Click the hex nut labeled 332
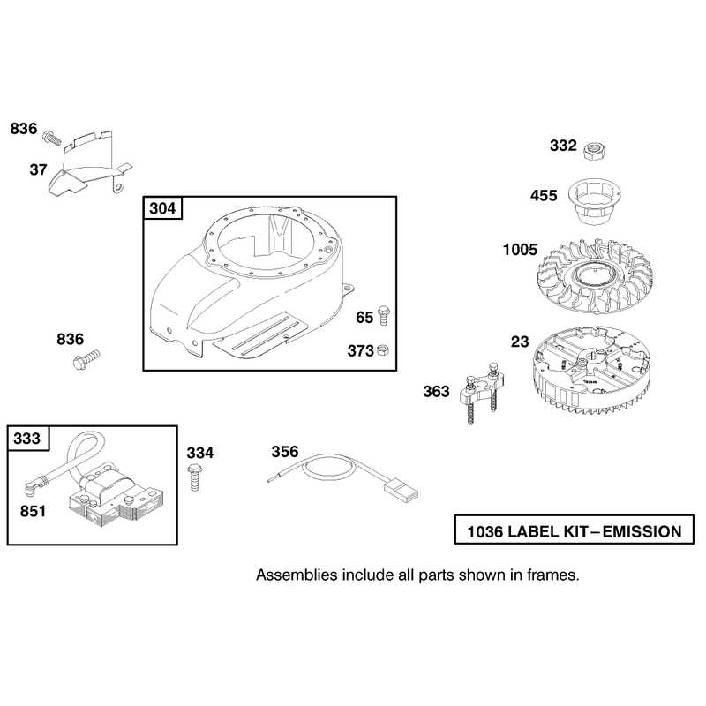[594, 150]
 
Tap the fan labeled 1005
[596, 276]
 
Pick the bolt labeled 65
[384, 315]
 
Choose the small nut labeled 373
[383, 349]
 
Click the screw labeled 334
[195, 477]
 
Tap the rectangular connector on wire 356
[401, 491]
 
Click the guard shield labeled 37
[90, 164]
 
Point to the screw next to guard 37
[51, 138]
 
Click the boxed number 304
[162, 208]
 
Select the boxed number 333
[27, 438]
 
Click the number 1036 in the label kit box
[484, 532]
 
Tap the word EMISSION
[642, 532]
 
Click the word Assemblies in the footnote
[297, 575]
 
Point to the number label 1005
[520, 250]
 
